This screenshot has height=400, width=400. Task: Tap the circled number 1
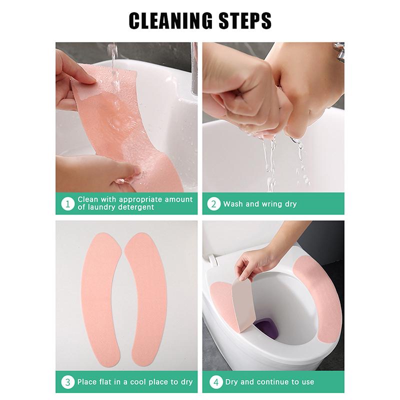pos(66,203)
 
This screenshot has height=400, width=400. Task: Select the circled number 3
pos(66,382)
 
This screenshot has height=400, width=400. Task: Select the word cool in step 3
pos(138,382)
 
